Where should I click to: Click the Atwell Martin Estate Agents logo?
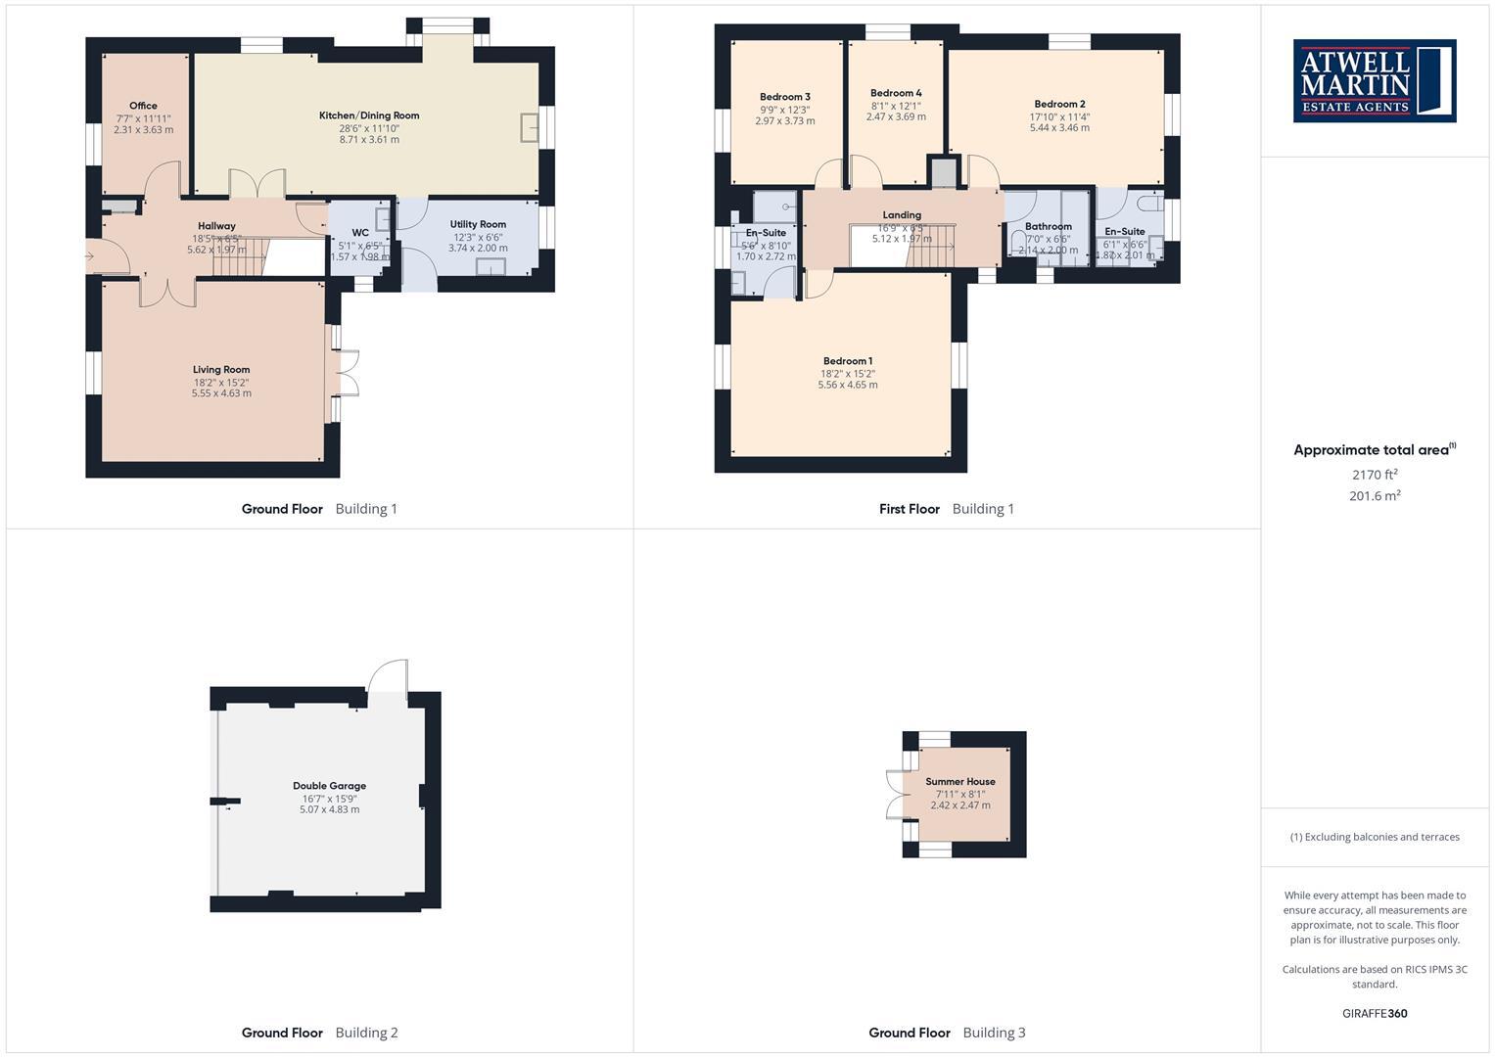[x=1375, y=80]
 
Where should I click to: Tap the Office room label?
[x=143, y=106]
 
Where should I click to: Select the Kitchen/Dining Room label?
[x=369, y=115]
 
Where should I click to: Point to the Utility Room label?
[x=478, y=224]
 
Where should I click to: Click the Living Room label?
[x=221, y=370]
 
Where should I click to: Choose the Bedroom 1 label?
[x=848, y=361]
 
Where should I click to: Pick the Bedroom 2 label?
[x=1059, y=104]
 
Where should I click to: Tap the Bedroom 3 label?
[x=785, y=97]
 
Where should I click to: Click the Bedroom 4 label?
[x=896, y=93]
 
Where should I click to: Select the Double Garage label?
[x=329, y=786]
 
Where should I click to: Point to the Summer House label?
[x=960, y=782]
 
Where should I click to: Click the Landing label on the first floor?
[x=902, y=215]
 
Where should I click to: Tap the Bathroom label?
[x=1048, y=226]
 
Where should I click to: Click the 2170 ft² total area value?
[x=1375, y=475]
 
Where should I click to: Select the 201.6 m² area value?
[x=1375, y=496]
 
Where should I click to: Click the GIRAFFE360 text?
[x=1375, y=1014]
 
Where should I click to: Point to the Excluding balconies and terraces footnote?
[x=1375, y=837]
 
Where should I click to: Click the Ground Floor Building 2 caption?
[x=320, y=1033]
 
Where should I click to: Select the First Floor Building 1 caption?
[x=947, y=509]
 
